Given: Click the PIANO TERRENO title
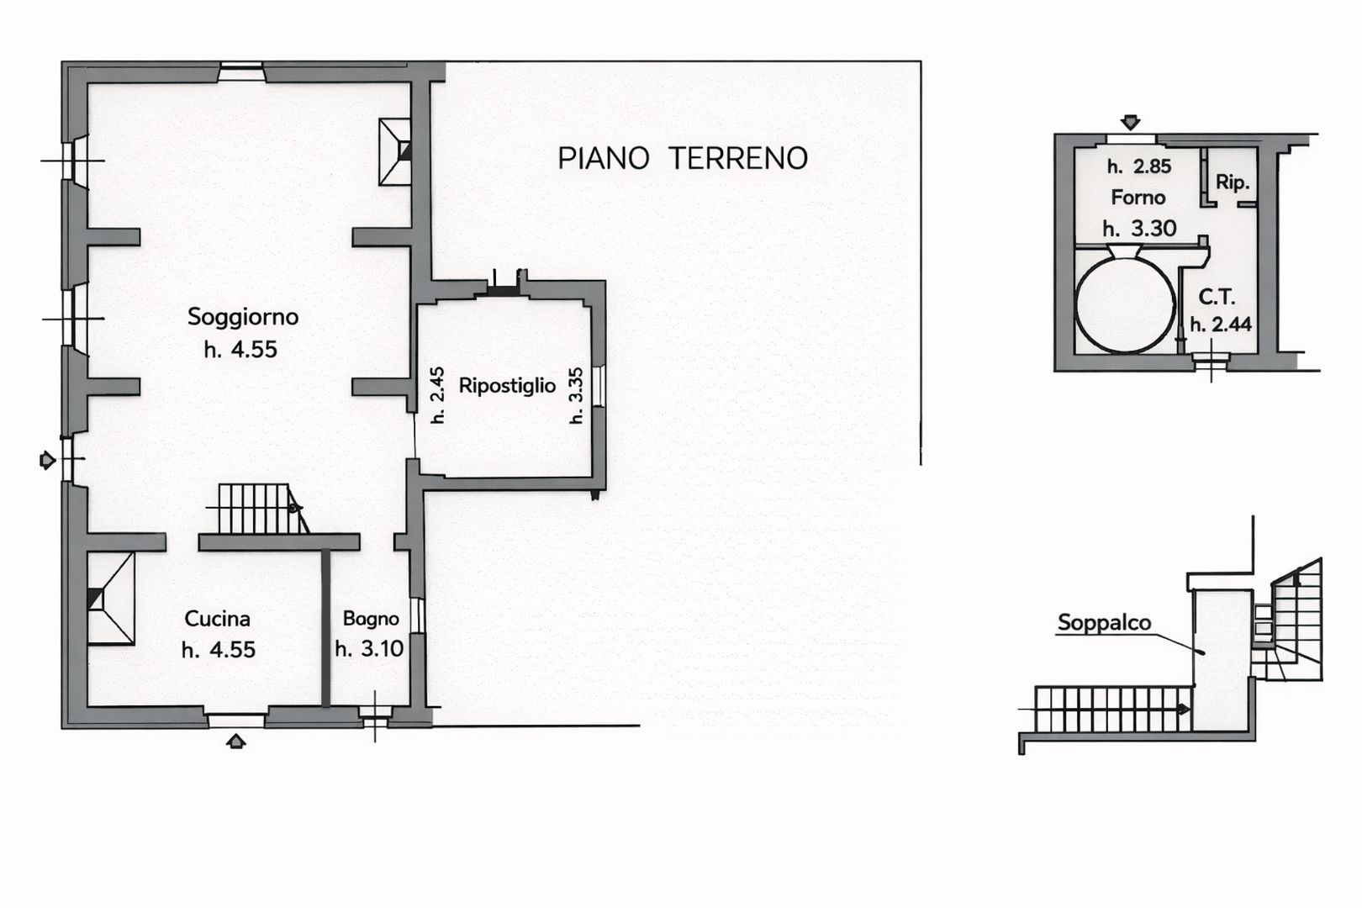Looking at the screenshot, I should tap(683, 158).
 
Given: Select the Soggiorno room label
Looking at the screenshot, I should tap(242, 317).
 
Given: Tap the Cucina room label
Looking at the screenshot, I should tap(217, 619).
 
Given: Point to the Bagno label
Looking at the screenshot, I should tap(371, 619).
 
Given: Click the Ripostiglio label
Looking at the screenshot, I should tap(507, 386).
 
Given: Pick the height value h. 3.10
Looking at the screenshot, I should tap(369, 649).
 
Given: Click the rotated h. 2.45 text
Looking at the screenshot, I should tap(436, 395).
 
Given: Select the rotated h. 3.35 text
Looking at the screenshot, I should tap(576, 395).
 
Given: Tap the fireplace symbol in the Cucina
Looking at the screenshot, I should tap(110, 599).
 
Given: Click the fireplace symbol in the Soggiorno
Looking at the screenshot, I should tap(395, 151).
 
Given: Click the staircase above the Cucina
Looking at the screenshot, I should tap(256, 508).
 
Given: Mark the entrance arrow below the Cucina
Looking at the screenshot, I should tap(237, 741).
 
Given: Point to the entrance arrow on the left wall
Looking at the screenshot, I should tap(48, 460).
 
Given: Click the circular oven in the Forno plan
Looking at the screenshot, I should tap(1125, 304).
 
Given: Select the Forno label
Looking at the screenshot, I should tap(1138, 198).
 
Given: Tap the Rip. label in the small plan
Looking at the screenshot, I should tap(1232, 182).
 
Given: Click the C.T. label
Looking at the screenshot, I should tap(1216, 297).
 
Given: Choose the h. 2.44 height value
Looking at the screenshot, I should tap(1221, 325).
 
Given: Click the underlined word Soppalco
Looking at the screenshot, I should tap(1104, 623).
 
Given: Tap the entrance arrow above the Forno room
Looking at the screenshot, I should tap(1131, 123).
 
